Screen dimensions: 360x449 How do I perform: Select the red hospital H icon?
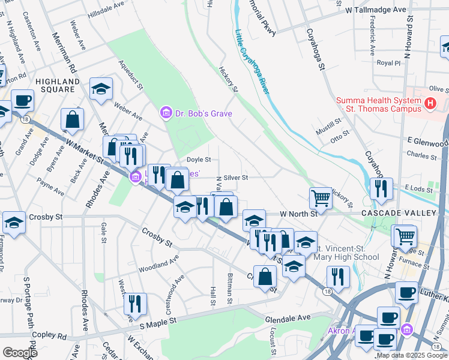coord(430,104)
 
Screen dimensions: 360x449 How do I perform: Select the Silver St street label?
coord(235,178)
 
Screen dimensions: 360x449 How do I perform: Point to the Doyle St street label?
coord(198,160)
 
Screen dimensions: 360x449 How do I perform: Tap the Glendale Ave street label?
coord(288,317)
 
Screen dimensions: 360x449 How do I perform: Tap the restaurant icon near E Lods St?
coord(381,189)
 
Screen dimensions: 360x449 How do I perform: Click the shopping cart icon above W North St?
coord(321,197)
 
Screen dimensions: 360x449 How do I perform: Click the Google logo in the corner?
coord(20,353)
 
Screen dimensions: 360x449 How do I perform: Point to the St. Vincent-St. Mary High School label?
coord(348,253)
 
